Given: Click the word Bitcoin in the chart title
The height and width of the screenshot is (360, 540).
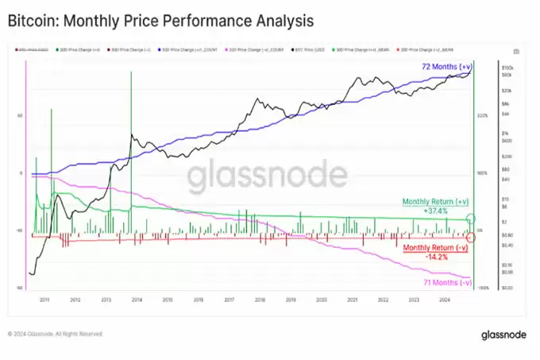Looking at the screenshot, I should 32,18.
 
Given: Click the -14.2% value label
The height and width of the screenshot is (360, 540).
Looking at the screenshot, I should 438,257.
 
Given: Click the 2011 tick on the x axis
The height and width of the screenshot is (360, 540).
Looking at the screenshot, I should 44,300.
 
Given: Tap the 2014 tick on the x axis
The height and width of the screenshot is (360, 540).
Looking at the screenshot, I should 137,300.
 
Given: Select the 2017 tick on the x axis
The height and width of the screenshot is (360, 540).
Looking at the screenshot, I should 229,300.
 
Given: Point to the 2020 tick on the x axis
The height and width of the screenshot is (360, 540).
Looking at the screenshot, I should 321,300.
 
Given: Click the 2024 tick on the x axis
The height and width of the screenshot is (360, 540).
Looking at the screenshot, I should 444,300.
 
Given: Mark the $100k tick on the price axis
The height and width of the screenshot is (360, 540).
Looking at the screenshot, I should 507,68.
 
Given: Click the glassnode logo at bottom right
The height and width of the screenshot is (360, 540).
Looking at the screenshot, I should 503,335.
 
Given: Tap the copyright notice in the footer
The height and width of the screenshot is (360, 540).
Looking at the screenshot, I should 56,334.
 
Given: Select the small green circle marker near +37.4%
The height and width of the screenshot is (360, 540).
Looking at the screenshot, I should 471,219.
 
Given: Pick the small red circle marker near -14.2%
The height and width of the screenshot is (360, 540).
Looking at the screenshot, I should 471,237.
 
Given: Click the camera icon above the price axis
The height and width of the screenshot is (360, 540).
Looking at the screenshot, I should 517,52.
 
